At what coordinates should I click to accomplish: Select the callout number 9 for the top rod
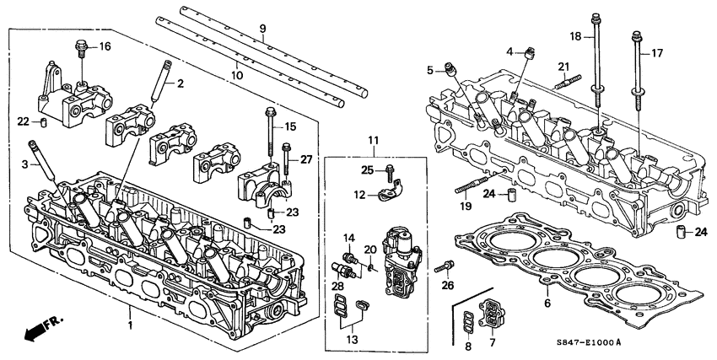pyautogui.click(x=262, y=29)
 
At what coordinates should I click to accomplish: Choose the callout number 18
pyautogui.click(x=575, y=37)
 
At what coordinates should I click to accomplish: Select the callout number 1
pyautogui.click(x=129, y=325)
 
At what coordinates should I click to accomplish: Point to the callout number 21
pyautogui.click(x=563, y=67)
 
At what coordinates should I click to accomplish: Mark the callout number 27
pyautogui.click(x=306, y=158)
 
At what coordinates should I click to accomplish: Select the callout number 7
pyautogui.click(x=494, y=343)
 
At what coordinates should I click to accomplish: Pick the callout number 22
pyautogui.click(x=24, y=121)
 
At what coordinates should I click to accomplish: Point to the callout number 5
pyautogui.click(x=429, y=70)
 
